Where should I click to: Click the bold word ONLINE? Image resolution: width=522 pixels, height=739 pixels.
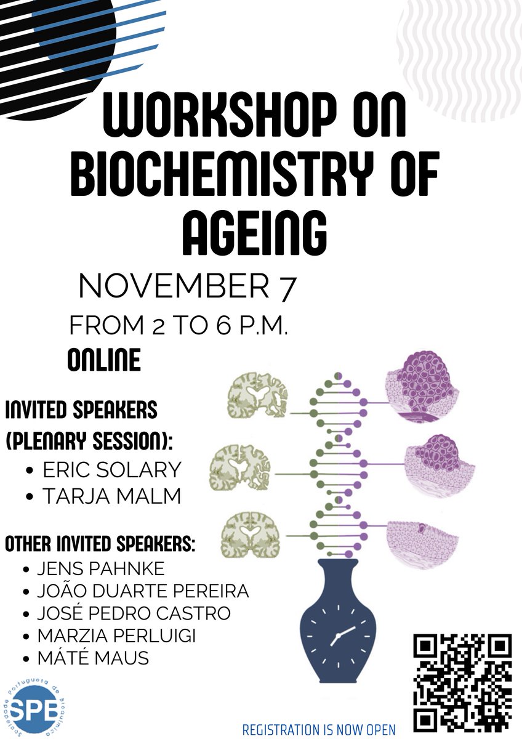coord(103,360)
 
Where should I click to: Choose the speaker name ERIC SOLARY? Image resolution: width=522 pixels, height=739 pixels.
coord(111,470)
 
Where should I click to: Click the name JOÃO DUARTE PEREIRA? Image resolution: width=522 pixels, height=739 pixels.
coord(142,592)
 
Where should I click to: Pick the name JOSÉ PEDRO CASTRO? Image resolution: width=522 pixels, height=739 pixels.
coord(134,613)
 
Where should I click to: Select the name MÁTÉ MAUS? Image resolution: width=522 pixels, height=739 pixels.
coord(93,658)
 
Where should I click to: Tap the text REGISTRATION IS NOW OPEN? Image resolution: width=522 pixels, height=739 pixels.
coord(318,730)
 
